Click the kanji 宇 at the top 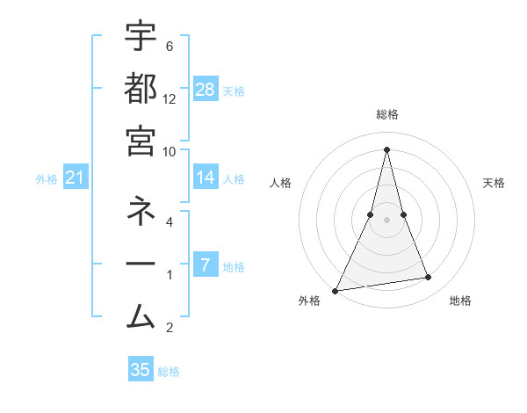point(141,37)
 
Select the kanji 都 point(141,90)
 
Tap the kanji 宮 point(141,141)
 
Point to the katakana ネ point(141,212)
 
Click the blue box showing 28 point(205,90)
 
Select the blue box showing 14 point(205,178)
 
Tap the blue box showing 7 point(205,264)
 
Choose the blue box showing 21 point(75,178)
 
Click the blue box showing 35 point(141,370)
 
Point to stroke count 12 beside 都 point(170,98)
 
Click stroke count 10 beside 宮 point(170,151)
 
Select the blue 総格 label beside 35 point(169,372)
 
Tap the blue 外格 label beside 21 point(47,179)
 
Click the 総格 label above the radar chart point(386,114)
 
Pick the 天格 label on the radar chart point(495,183)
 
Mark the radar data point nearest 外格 point(335,290)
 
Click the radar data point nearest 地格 point(429,278)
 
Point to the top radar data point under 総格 point(386,149)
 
